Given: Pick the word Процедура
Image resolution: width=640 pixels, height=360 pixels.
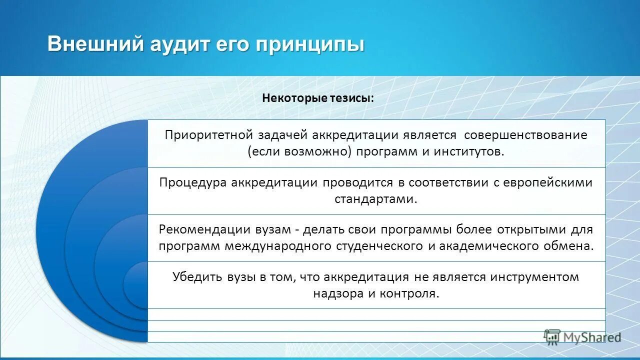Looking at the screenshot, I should (192, 182).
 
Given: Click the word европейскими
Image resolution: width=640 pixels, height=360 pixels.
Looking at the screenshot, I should (547, 182).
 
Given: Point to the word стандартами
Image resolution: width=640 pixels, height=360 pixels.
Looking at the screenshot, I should (375, 199).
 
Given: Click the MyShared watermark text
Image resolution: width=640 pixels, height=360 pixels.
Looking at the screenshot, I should (592, 337).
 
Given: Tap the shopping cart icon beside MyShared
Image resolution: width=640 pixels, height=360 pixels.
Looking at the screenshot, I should (552, 337).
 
